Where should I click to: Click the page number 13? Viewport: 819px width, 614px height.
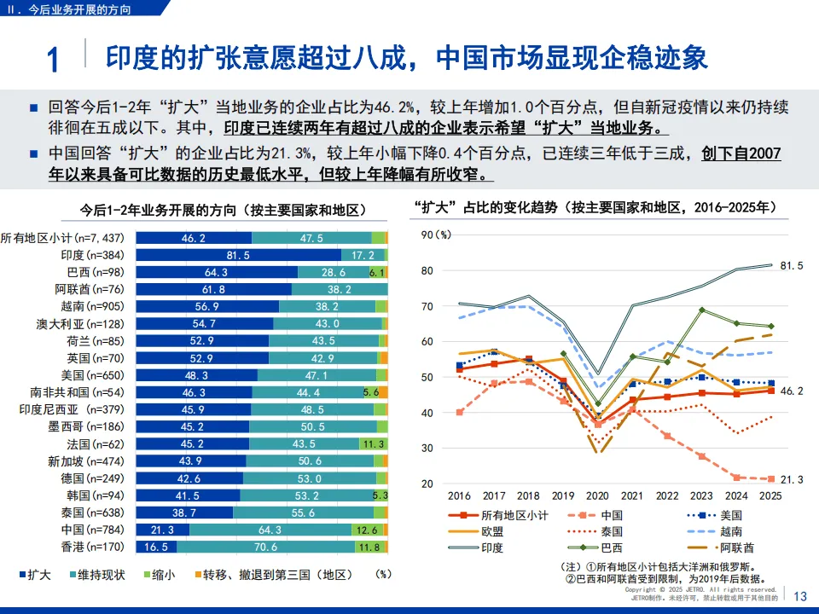(800, 596)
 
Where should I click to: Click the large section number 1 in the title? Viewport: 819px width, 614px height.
(53, 61)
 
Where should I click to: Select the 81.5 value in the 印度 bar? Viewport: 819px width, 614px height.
(238, 255)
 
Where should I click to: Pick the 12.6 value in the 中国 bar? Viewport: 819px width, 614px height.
(369, 530)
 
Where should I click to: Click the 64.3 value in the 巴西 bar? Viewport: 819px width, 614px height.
(216, 272)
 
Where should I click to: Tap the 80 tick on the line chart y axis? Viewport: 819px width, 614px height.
(428, 271)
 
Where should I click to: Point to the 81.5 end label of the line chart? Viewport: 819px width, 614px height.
(792, 265)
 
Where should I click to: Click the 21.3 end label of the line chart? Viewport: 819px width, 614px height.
(792, 479)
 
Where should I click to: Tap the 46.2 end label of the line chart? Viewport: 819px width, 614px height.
(792, 391)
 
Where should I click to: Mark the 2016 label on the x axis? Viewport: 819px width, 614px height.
(459, 495)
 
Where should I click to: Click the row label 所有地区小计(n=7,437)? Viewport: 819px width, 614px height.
(63, 238)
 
